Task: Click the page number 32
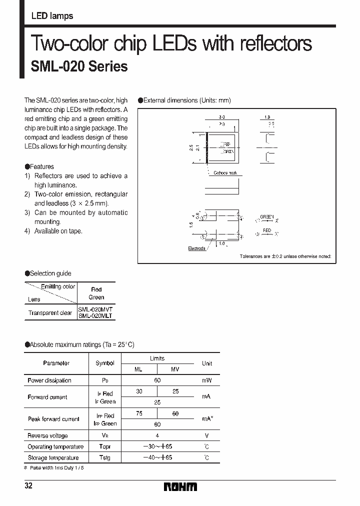28,486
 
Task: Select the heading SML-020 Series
79,66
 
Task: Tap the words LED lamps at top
52,16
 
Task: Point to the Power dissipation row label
49,380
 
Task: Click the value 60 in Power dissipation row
157,380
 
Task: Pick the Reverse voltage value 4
157,435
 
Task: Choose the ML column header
139,369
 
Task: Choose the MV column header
175,369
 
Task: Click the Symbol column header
105,363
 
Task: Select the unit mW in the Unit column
206,380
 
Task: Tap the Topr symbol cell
105,446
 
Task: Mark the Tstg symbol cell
105,457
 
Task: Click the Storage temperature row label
53,457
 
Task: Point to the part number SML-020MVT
95,309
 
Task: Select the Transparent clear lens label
50,313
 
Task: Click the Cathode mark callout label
225,173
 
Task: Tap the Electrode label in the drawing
196,248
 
